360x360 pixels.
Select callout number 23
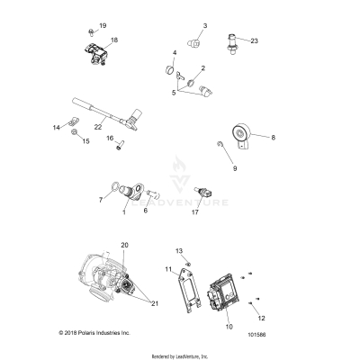(254, 41)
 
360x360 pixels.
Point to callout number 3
(203, 26)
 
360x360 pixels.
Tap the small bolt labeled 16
(119, 148)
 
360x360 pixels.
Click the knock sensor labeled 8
(244, 135)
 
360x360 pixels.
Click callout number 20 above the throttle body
(125, 246)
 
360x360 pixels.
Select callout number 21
(154, 303)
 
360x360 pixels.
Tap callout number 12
(262, 318)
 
